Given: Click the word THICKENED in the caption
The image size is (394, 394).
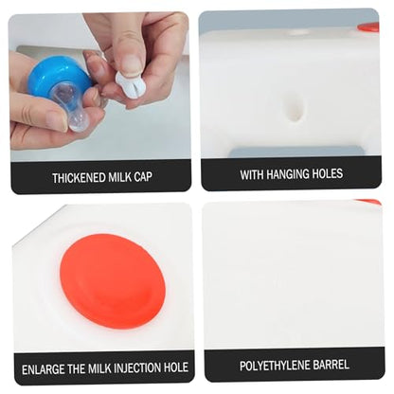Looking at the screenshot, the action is (x=80, y=177).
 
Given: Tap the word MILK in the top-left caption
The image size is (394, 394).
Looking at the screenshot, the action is (x=120, y=177).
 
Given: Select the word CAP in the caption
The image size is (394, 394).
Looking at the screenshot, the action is (x=143, y=177).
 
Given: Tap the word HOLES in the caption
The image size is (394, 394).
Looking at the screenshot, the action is (x=327, y=173).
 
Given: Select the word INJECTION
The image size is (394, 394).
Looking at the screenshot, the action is (x=137, y=367).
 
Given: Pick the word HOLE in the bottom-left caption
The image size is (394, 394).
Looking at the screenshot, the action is (x=176, y=367).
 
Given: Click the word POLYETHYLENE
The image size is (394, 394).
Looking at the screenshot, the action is (x=275, y=366).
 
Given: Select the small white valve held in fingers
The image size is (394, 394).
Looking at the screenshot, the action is (x=128, y=84).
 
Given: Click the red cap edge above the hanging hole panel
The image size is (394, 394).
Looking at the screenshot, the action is (x=368, y=27).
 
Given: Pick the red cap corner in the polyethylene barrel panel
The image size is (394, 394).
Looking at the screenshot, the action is (x=368, y=202).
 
